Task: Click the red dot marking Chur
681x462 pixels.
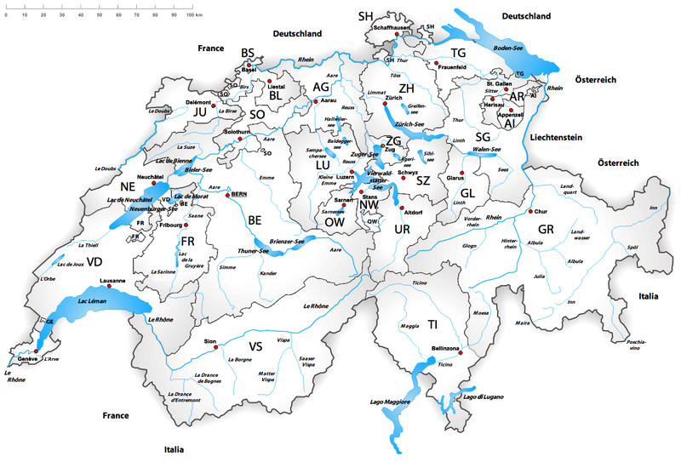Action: (x=530, y=211)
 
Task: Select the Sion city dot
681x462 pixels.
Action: (x=217, y=347)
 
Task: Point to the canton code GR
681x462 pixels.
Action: (x=546, y=230)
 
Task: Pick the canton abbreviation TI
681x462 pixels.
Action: (x=432, y=325)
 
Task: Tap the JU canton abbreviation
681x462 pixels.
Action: (x=201, y=111)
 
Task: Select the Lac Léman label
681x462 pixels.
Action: (x=94, y=302)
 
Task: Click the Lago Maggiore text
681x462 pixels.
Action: (x=391, y=401)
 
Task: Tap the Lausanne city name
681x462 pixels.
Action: (x=112, y=281)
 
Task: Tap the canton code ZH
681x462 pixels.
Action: (x=407, y=88)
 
